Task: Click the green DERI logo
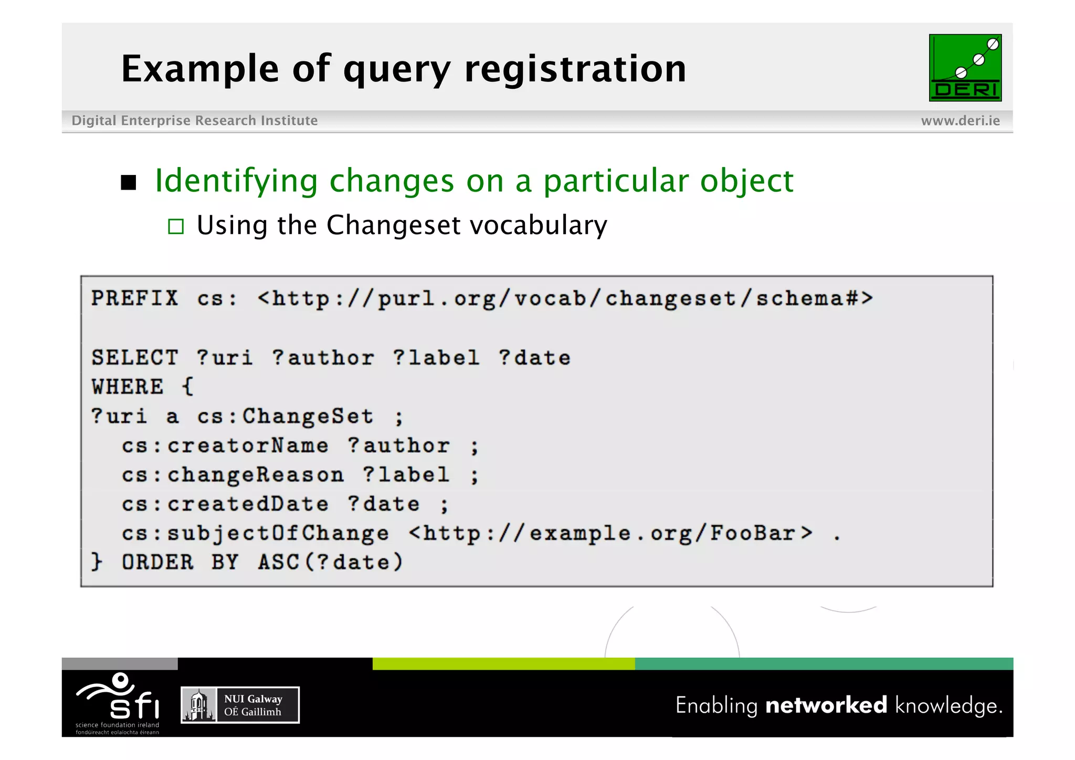pyautogui.click(x=965, y=68)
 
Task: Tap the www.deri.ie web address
pyautogui.click(x=960, y=121)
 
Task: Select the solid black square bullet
pyautogui.click(x=129, y=182)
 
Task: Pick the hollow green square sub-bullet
pyautogui.click(x=176, y=226)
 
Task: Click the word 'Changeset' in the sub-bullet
pyautogui.click(x=394, y=225)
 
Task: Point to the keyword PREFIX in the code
pyautogui.click(x=134, y=298)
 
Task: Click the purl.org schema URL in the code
pyautogui.click(x=565, y=298)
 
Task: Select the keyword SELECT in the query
pyautogui.click(x=134, y=358)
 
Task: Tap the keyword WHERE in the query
pyautogui.click(x=128, y=387)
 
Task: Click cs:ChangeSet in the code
pyautogui.click(x=285, y=417)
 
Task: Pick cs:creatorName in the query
pyautogui.click(x=225, y=446)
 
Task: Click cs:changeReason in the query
pyautogui.click(x=233, y=475)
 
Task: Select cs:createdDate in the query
pyautogui.click(x=225, y=504)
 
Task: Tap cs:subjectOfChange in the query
pyautogui.click(x=255, y=534)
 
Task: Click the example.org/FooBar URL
pyautogui.click(x=610, y=534)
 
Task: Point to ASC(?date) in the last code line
pyautogui.click(x=330, y=563)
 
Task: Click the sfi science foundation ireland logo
pyautogui.click(x=118, y=703)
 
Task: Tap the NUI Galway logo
pyautogui.click(x=240, y=705)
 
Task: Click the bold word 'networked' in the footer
pyautogui.click(x=826, y=705)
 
